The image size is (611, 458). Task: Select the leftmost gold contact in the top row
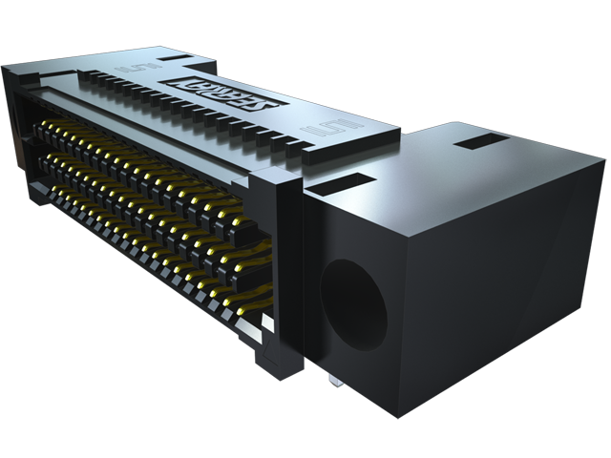click(x=45, y=125)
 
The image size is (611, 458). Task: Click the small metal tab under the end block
click(x=328, y=380)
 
